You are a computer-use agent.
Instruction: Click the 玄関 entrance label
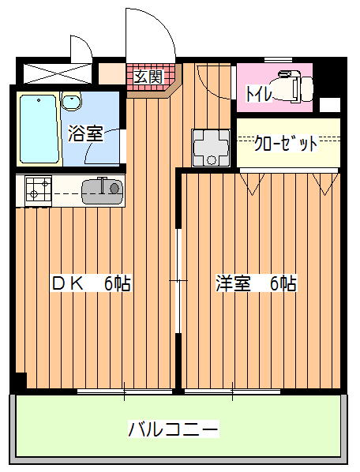click(x=148, y=77)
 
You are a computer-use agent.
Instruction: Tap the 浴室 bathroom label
click(x=85, y=133)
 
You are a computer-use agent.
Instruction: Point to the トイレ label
click(x=259, y=93)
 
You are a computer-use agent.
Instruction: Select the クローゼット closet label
click(x=286, y=144)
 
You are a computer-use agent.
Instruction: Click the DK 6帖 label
click(x=92, y=283)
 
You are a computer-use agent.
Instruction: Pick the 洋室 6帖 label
click(x=256, y=283)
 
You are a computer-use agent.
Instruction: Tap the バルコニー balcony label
click(x=173, y=429)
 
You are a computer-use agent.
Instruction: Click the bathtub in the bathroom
click(x=39, y=129)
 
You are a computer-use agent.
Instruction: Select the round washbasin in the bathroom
click(x=71, y=101)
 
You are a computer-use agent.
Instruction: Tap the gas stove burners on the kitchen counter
click(x=39, y=189)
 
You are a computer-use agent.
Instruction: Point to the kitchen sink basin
click(x=102, y=190)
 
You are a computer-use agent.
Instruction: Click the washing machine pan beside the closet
click(x=212, y=148)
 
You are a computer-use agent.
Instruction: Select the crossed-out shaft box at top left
click(x=58, y=73)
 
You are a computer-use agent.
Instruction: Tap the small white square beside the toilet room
click(x=329, y=105)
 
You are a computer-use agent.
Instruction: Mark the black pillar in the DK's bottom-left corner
click(x=21, y=380)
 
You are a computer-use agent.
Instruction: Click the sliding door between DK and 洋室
click(x=178, y=281)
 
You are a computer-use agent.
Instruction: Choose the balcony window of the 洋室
click(x=232, y=391)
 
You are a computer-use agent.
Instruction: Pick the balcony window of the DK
click(x=125, y=391)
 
